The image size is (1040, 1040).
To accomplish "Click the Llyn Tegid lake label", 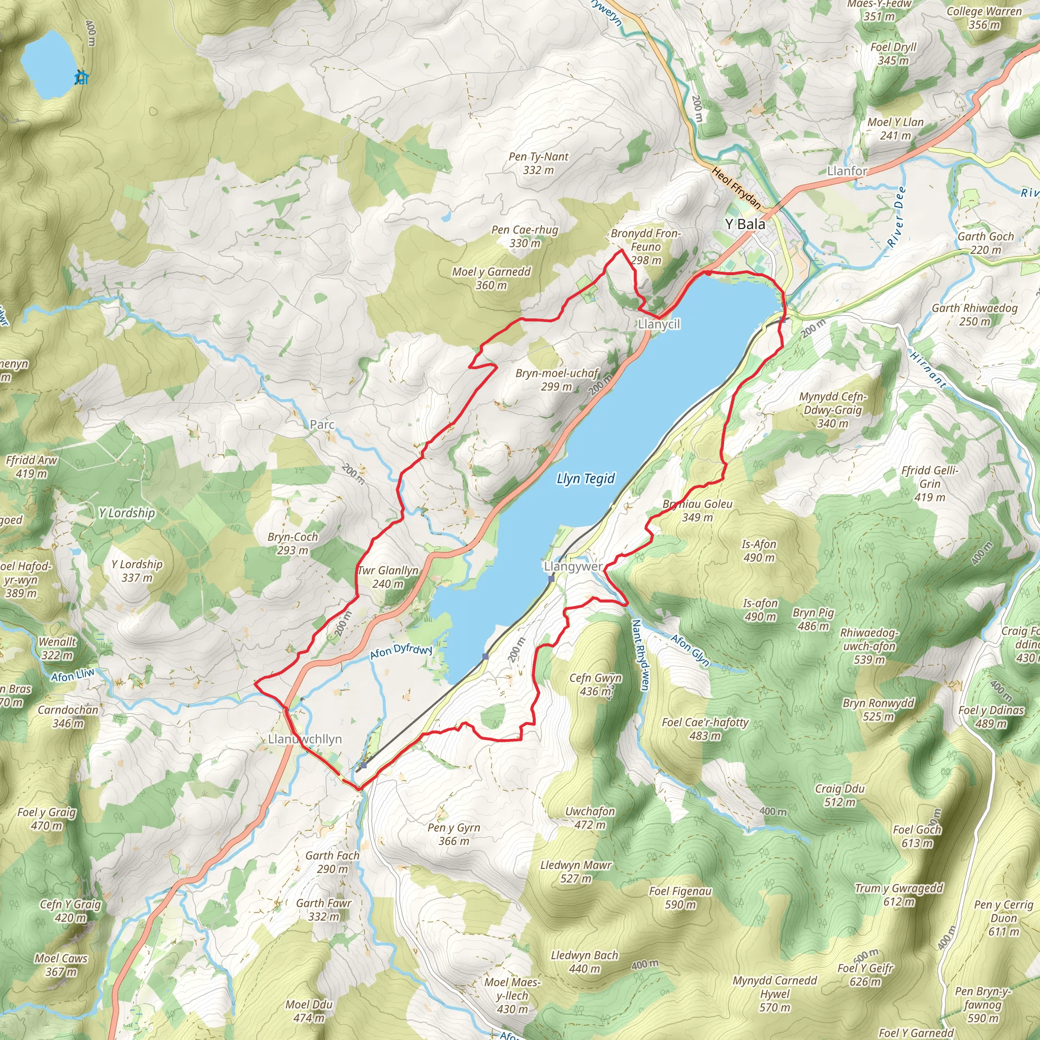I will point(585,478).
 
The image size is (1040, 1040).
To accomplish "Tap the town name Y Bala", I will point(744,224).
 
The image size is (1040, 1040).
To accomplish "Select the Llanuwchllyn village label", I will point(305,739).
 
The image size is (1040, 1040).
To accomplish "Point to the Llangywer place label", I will point(573,566).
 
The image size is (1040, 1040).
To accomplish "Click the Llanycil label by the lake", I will point(658,324).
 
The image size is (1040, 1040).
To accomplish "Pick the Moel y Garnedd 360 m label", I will point(491,278).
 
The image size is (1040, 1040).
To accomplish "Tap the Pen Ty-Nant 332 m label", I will point(538,163).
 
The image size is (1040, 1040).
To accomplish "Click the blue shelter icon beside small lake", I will point(81,78).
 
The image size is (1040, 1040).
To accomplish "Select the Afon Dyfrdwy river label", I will point(401,652).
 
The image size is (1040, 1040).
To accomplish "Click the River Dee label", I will point(897,217).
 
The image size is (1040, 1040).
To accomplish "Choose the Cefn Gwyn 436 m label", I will point(595,684).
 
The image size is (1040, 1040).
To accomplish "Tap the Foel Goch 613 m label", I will point(917,836).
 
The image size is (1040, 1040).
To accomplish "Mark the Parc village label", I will point(322,425).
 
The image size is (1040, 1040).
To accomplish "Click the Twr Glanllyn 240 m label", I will point(387,577).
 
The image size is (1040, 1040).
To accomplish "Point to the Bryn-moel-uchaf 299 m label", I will point(557,379).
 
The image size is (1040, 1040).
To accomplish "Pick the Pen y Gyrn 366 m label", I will point(453,834).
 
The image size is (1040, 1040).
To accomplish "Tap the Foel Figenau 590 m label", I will point(680,897).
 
